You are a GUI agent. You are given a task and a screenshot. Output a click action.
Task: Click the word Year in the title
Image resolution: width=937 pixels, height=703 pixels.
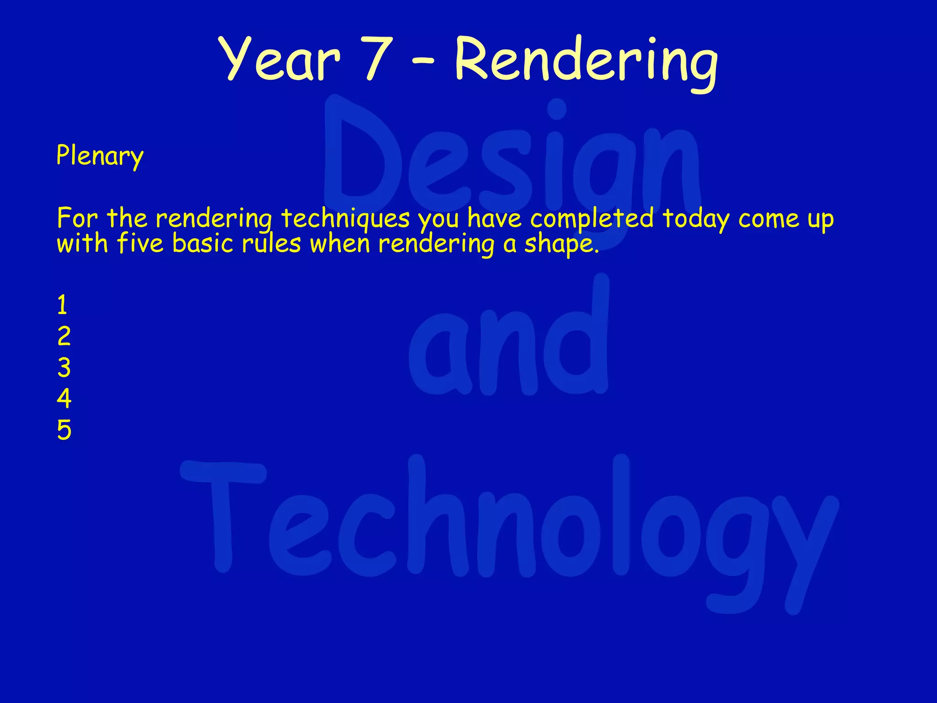[280, 59]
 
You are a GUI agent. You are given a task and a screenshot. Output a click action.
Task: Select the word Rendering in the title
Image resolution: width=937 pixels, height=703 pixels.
[586, 62]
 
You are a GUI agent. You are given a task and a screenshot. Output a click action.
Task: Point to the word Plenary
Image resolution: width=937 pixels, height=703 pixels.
[100, 156]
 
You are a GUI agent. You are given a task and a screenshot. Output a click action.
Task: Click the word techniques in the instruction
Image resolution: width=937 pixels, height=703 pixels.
[345, 218]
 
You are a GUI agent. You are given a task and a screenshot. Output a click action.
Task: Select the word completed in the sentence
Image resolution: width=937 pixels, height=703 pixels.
[592, 218]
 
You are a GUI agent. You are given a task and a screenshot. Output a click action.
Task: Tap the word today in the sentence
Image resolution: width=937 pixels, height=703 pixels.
[695, 218]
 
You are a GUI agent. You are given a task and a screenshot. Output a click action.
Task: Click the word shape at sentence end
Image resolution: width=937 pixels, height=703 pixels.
[561, 244]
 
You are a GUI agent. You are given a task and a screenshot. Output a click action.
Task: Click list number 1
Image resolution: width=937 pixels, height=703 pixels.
[63, 305]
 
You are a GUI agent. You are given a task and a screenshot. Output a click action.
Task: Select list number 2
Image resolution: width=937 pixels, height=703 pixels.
[64, 336]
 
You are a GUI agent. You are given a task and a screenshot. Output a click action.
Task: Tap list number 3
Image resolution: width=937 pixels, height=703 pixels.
[64, 368]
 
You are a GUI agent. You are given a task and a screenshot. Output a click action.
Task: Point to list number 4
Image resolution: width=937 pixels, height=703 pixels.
[64, 399]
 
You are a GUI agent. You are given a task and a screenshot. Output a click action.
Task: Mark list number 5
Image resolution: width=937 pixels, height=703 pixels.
[64, 430]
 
